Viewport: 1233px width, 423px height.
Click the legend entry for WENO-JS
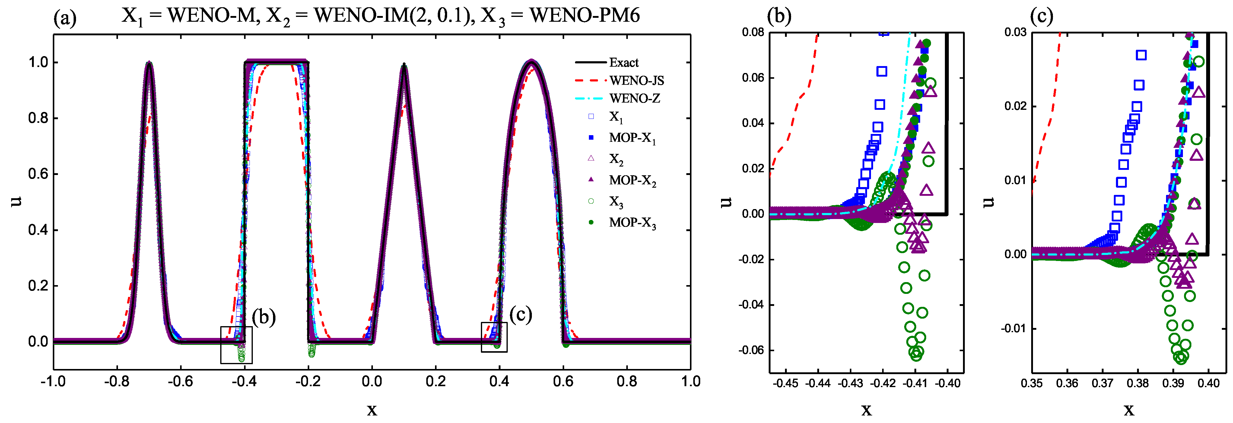pos(636,80)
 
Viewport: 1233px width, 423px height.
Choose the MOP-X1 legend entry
pos(632,138)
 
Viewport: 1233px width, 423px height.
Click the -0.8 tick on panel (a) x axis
pos(117,381)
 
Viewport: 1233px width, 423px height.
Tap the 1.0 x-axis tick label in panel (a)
pos(690,381)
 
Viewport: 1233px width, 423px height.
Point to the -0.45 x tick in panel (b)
pos(786,383)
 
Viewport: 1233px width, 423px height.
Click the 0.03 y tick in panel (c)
pos(1015,33)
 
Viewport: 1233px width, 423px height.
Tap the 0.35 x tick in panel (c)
pos(1032,383)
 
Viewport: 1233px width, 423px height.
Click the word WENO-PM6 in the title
pos(584,15)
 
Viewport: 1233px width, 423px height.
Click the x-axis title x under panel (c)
pos(1129,410)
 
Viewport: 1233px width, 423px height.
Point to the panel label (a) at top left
pos(65,18)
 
